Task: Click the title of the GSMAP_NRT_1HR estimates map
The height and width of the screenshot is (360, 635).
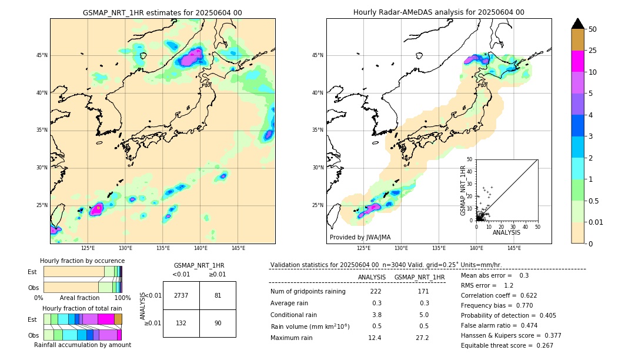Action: [x=162, y=12]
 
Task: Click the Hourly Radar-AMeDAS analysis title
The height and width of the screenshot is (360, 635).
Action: [x=439, y=12]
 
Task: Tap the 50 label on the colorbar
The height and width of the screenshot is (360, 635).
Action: [x=593, y=29]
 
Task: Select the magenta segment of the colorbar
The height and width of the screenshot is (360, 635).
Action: [x=578, y=61]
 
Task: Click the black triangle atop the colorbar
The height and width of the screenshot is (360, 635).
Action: [x=578, y=24]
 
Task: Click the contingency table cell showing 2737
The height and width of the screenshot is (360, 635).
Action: [x=181, y=295]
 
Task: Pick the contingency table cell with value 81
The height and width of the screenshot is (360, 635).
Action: [x=218, y=295]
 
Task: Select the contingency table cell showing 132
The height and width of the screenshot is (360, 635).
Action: [x=181, y=322]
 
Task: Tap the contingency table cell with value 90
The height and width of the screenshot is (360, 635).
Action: [x=218, y=322]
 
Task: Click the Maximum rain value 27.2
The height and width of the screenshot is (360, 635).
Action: [x=422, y=338]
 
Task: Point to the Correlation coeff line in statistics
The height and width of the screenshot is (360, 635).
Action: [x=499, y=295]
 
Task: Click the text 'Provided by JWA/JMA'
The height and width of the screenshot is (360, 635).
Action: [x=360, y=237]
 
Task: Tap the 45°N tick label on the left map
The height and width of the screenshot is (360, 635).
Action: [x=42, y=55]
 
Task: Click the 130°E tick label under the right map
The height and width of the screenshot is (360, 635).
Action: [x=402, y=248]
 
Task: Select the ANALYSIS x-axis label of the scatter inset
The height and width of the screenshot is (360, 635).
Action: [x=506, y=232]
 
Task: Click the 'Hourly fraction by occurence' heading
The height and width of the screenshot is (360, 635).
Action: [x=82, y=261]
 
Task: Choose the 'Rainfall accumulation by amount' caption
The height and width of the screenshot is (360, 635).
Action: [x=82, y=345]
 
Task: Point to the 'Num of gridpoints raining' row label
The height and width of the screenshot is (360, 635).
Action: [x=308, y=291]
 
